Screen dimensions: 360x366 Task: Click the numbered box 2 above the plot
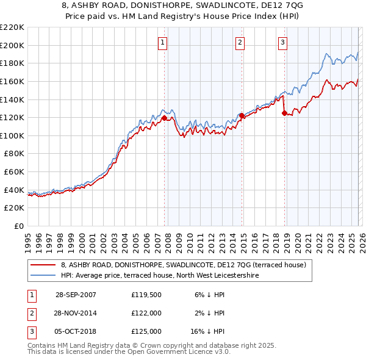[x=240, y=42]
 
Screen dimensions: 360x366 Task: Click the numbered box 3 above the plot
[x=283, y=42]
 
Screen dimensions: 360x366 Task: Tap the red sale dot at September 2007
[x=164, y=117]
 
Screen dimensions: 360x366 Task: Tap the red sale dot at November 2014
[x=242, y=115]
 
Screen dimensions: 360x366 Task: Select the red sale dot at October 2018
[x=284, y=112]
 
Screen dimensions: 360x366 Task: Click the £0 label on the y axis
[x=18, y=226]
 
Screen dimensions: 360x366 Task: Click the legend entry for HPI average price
[x=159, y=275]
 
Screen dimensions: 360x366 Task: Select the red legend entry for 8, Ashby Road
[x=187, y=265]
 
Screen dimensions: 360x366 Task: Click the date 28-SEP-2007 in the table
[x=76, y=294]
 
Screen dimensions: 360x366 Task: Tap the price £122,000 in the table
[x=146, y=313]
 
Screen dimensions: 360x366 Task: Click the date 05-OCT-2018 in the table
[x=76, y=331]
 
